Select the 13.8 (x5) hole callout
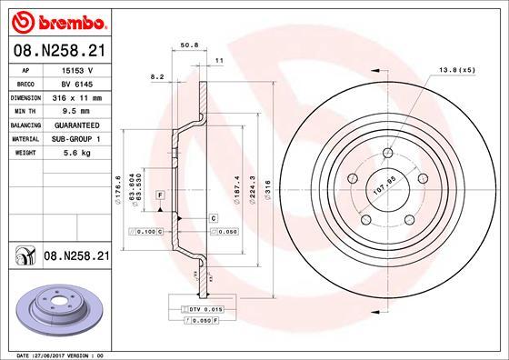coord(457,69)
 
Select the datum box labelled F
coord(160,196)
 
